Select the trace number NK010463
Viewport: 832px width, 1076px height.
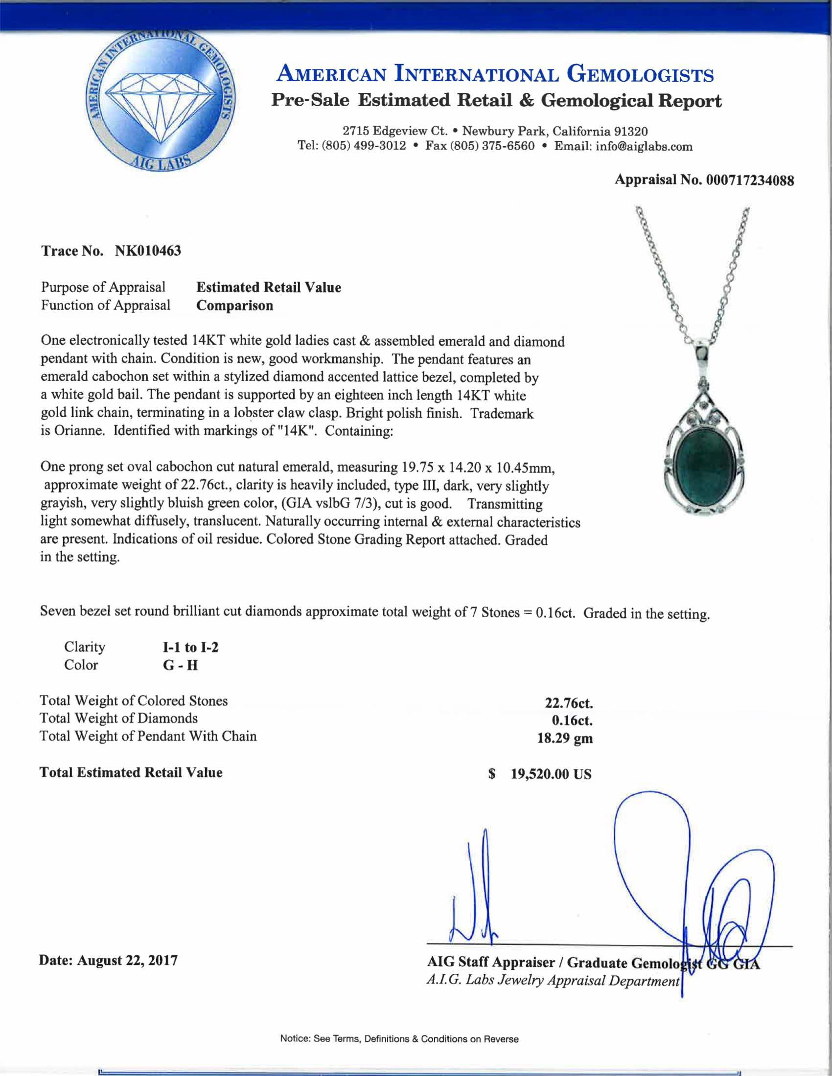[148, 251]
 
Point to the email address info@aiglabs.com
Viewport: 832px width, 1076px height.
[644, 146]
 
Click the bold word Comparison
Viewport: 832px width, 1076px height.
[234, 306]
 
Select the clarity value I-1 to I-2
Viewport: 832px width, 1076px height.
[190, 647]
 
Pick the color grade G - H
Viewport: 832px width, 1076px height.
[181, 665]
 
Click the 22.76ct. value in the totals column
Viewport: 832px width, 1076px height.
[568, 702]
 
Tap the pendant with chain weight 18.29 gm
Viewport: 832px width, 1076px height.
[565, 738]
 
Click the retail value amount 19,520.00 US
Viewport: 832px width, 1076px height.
[551, 774]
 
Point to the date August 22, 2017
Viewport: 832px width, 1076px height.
[127, 961]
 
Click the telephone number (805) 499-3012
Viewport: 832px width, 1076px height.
[364, 146]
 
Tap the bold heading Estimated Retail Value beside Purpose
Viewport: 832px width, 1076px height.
[269, 287]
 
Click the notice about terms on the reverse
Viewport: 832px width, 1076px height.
[399, 1039]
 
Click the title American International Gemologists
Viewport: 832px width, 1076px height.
[495, 75]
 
